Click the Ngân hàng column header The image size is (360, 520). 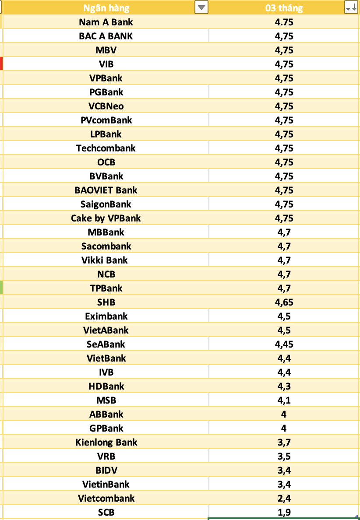(106, 8)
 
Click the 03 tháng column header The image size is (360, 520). (284, 8)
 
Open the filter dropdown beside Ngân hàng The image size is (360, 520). (201, 7)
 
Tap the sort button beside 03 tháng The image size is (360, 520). (351, 7)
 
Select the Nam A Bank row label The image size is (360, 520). (106, 22)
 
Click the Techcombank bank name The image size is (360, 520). (106, 148)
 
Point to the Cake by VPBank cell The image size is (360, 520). (106, 218)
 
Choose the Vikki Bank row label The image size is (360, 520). (105, 260)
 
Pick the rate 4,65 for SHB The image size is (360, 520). (284, 302)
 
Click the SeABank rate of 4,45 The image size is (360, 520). (284, 344)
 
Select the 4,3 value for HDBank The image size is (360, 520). (284, 386)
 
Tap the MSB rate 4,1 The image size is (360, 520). (284, 400)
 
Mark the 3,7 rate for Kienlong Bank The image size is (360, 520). (284, 442)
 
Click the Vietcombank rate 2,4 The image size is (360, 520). (284, 498)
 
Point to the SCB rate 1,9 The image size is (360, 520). (284, 512)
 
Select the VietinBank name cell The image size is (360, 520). (106, 484)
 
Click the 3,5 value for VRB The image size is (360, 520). (284, 456)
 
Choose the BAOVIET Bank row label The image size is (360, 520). (106, 190)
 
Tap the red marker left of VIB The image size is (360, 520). (1, 63)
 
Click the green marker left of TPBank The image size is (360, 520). (1, 288)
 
